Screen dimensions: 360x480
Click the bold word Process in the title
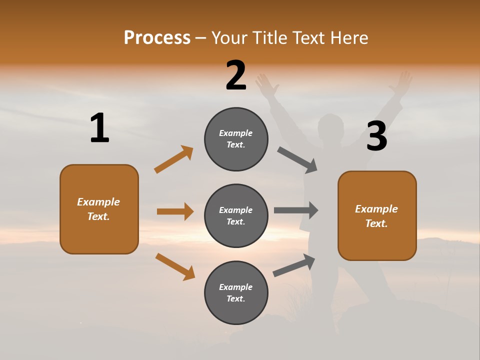(x=157, y=38)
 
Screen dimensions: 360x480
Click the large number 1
(x=99, y=128)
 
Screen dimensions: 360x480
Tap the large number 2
(x=236, y=75)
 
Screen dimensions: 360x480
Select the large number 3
(x=377, y=136)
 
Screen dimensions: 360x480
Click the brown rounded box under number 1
(x=99, y=209)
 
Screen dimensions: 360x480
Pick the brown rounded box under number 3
(x=377, y=215)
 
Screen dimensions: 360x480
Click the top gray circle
(x=236, y=139)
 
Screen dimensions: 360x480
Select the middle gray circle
(x=236, y=215)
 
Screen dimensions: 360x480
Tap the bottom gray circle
(x=236, y=292)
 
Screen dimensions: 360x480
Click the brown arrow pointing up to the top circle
(x=173, y=159)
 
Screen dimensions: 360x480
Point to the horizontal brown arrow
(x=175, y=211)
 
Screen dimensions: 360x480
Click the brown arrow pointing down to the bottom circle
(x=175, y=266)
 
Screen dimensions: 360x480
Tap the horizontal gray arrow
(x=296, y=210)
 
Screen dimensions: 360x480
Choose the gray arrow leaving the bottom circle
(x=294, y=265)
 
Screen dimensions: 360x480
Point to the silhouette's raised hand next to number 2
(x=267, y=85)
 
